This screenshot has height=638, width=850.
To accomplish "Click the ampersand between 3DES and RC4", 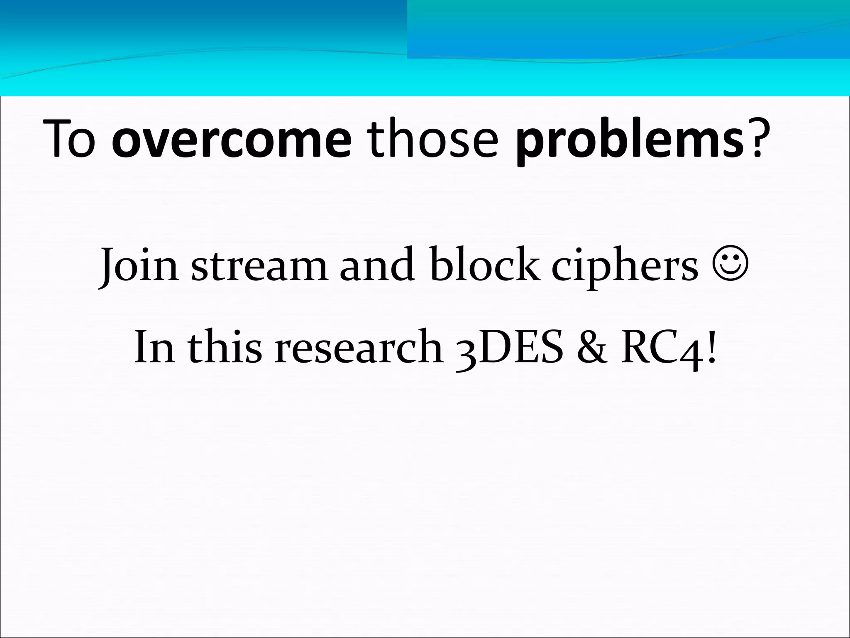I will pos(591,346).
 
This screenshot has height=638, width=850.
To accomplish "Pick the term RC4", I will pos(659,347).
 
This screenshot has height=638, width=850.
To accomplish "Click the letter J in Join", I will pos(107,266).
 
